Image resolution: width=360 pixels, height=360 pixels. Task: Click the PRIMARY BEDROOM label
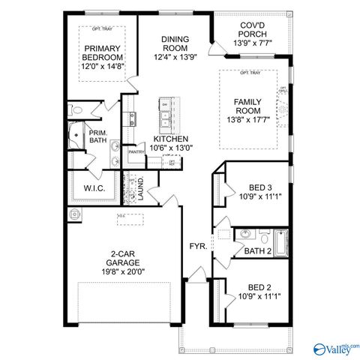tap(103, 56)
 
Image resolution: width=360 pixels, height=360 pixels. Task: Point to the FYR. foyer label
tap(198, 246)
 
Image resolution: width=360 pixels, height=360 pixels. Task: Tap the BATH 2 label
tap(257, 251)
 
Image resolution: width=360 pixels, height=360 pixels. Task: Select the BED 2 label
tap(259, 287)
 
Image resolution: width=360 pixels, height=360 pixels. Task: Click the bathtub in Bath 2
tap(280, 242)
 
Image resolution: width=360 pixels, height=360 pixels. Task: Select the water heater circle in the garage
tap(74, 215)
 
